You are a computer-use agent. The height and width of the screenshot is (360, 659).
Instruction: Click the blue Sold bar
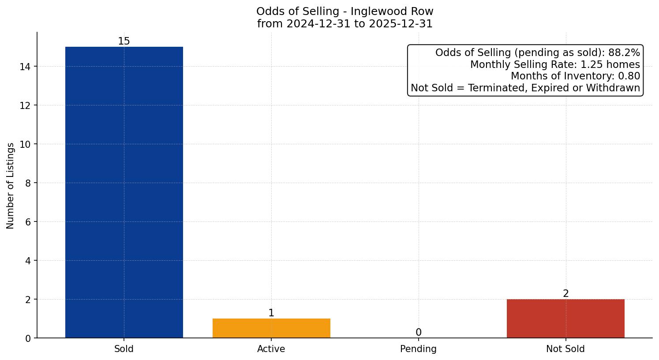124,192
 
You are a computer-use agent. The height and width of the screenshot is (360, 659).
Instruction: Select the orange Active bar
271,328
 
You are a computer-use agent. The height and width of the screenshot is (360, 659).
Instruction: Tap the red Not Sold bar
565,319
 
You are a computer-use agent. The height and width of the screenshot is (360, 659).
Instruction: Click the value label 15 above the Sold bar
124,41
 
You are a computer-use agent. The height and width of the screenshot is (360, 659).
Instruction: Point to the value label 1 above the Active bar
271,313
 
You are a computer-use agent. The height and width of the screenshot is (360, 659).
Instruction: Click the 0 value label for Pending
418,333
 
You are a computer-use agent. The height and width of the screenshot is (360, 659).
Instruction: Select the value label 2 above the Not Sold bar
565,294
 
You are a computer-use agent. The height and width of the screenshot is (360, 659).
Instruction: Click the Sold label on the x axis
124,349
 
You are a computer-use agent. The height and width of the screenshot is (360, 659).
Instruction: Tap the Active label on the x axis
271,349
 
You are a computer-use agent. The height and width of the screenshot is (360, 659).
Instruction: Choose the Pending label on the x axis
418,349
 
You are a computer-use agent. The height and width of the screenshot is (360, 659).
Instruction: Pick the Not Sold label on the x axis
565,349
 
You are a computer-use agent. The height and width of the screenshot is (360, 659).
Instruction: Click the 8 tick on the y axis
28,183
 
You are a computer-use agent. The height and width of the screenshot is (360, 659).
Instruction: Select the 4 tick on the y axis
28,261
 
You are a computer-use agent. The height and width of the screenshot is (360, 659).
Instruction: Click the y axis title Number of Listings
11,185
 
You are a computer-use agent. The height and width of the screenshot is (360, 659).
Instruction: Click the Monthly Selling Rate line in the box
555,65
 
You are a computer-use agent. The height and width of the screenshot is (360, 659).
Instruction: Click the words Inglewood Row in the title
392,11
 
